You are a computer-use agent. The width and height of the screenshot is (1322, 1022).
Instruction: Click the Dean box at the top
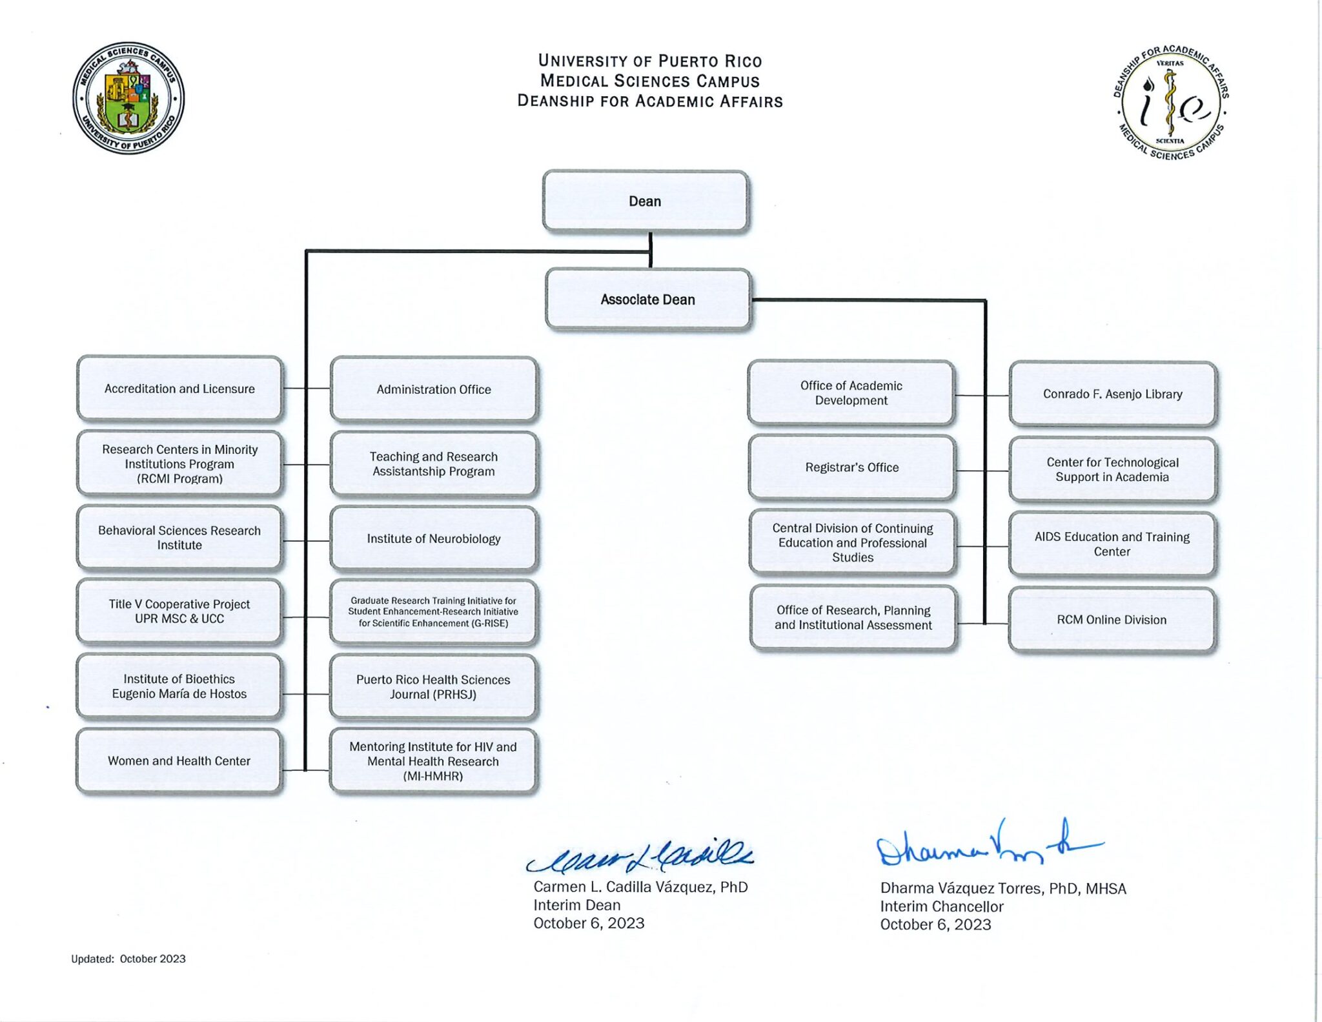click(x=646, y=201)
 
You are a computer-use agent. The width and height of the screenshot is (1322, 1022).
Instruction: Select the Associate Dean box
click(x=648, y=300)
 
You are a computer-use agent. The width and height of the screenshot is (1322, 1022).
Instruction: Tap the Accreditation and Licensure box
click(x=179, y=389)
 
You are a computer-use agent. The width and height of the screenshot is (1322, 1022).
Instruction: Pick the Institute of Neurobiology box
click(x=434, y=539)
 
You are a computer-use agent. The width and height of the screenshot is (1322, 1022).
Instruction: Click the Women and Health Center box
click(x=179, y=761)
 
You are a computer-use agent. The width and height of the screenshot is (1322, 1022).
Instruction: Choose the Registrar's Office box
click(x=852, y=467)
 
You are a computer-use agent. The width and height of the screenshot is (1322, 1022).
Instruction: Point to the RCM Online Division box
click(x=1112, y=620)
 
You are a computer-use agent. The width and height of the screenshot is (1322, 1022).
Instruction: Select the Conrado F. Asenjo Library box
click(x=1113, y=394)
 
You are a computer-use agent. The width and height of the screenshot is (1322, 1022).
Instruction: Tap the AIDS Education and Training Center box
click(x=1112, y=544)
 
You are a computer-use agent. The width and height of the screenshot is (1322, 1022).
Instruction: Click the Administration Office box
click(x=434, y=389)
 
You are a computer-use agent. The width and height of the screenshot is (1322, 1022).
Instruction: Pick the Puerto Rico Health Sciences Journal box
click(x=433, y=687)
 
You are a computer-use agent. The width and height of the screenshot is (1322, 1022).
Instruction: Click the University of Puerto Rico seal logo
click(x=128, y=98)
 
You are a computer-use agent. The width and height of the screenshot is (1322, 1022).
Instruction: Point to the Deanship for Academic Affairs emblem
click(x=1171, y=103)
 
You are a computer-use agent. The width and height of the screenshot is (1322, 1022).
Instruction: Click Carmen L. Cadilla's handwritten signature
click(x=640, y=857)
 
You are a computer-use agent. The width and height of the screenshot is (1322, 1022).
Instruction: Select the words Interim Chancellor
click(x=942, y=906)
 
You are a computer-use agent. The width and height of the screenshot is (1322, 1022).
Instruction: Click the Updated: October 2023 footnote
click(x=128, y=959)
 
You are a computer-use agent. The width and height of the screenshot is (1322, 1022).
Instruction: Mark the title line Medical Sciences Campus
click(x=650, y=81)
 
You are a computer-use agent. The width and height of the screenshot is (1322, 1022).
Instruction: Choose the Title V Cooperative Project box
click(x=179, y=611)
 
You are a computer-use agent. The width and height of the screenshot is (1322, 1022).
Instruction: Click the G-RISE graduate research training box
click(x=433, y=612)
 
